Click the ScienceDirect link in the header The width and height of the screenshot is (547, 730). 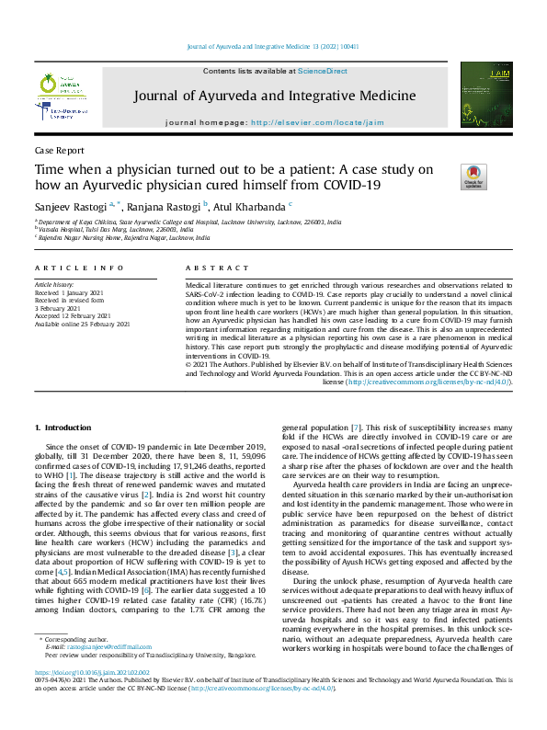click(325, 71)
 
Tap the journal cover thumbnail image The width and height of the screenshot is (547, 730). click(485, 92)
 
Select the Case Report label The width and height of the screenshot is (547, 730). click(56, 150)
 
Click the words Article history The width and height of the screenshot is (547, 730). click(56, 286)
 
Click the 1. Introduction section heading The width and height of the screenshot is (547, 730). click(63, 428)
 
